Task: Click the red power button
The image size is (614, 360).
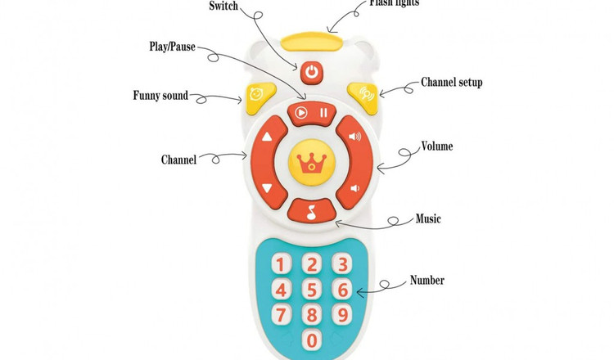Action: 310,73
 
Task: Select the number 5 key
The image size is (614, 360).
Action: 311,289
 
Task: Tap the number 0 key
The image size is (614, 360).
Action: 311,339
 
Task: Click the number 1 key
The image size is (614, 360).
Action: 280,264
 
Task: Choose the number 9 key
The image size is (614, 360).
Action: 343,314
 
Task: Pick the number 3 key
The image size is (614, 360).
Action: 343,263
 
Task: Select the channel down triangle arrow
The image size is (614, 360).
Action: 266,189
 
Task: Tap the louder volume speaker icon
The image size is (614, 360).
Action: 354,137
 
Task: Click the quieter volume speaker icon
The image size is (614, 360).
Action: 354,189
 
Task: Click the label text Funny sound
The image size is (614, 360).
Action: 160,96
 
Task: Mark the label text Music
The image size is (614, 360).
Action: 428,218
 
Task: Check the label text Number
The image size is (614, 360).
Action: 427,281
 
